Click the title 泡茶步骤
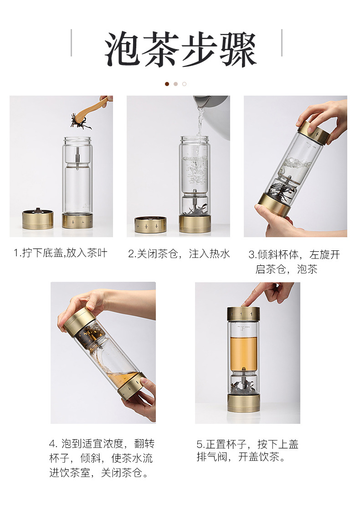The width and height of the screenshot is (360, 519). (x=180, y=50)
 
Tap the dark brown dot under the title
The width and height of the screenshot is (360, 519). (x=167, y=84)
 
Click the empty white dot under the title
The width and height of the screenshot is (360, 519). (x=184, y=84)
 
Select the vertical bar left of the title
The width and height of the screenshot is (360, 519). (x=71, y=43)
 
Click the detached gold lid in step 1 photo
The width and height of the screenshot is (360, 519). (x=38, y=219)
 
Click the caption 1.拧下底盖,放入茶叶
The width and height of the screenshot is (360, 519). (x=61, y=253)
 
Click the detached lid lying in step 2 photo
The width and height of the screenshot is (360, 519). (x=150, y=224)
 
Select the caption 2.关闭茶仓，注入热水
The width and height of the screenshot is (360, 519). (x=179, y=254)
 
